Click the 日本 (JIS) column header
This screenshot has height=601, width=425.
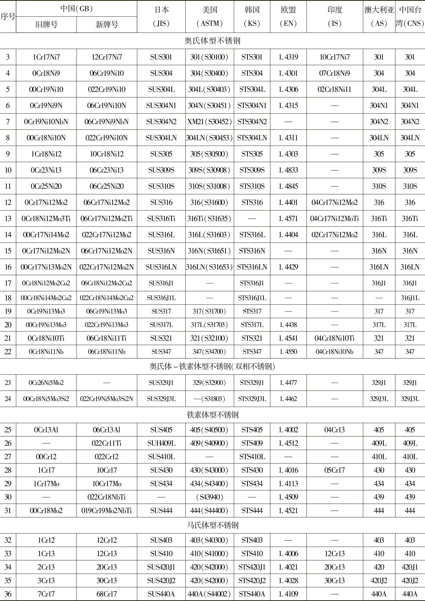coord(161,17)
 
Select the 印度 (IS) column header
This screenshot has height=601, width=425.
coord(334,17)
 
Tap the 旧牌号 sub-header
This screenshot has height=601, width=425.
coord(46,25)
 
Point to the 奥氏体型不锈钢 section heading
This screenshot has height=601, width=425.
coord(212,41)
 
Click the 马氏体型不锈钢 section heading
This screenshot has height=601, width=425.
coord(212,525)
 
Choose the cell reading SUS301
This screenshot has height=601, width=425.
coord(161,57)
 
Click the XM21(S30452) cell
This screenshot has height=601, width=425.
coord(209,122)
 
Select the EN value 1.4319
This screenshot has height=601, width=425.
coord(288,57)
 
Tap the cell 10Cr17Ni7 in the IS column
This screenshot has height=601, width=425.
coord(334,57)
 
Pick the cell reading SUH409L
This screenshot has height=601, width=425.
coord(161,443)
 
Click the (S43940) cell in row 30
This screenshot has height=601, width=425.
coord(209,497)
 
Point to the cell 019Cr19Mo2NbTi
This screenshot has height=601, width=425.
coord(107,510)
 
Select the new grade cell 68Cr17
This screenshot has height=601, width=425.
coord(107,594)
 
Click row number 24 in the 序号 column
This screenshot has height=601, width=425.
coord(8,399)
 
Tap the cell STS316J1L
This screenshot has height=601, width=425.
coord(252,298)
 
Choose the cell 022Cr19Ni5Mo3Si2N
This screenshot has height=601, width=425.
coord(107,399)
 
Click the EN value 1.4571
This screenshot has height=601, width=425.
coord(288,219)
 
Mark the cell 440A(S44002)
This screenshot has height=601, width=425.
coord(209,594)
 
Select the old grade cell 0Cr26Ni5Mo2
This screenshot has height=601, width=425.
coord(46,382)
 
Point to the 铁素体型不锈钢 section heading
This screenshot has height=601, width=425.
coord(212,415)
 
